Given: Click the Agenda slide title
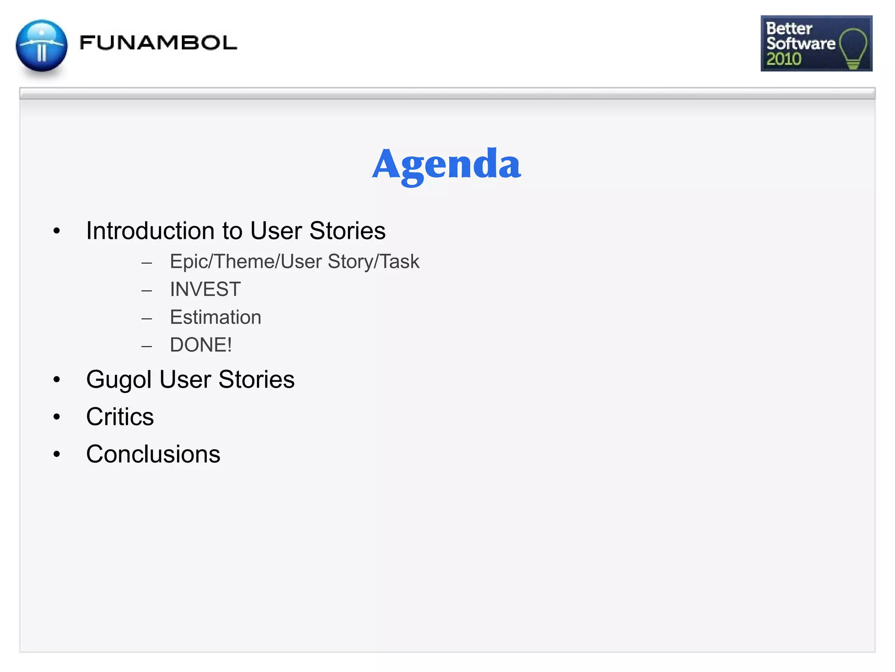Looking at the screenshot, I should tap(446, 164).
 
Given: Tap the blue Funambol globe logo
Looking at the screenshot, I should tap(42, 45).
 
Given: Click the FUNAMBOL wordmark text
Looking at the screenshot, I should tap(158, 43).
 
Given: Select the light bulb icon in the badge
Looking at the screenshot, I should tap(853, 48).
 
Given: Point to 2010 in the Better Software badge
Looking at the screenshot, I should tap(784, 59).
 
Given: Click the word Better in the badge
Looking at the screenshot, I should tap(789, 28).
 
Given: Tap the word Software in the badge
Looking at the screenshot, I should tap(801, 43).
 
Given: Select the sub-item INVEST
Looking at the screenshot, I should tap(205, 290).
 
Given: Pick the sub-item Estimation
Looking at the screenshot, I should tap(215, 317).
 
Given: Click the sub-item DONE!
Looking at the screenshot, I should tap(201, 345).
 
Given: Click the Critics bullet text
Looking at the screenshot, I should tap(120, 417).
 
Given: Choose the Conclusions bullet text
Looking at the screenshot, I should tap(153, 454).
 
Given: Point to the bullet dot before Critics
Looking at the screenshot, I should tap(56, 417).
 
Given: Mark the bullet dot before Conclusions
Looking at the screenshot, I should tap(56, 455).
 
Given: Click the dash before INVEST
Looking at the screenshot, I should tap(147, 290).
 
